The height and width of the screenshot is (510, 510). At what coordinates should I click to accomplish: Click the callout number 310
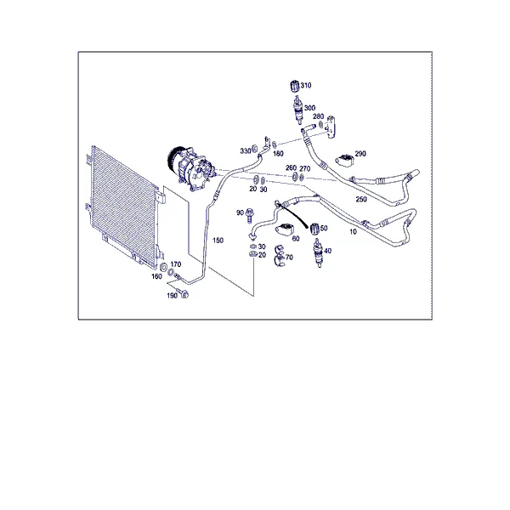coord(306,85)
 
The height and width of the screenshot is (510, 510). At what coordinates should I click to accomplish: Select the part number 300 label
coord(309,108)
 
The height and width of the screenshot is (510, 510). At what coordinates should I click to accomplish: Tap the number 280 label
coord(319,116)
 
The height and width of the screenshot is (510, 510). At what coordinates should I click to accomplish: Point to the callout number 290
coord(360,153)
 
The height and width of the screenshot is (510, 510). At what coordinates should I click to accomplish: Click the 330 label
coord(246,151)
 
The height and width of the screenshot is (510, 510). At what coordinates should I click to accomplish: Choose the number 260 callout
coord(291,167)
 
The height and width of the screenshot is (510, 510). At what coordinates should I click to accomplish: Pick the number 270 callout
coord(305,168)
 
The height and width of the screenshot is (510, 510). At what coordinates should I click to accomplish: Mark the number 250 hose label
coord(361,199)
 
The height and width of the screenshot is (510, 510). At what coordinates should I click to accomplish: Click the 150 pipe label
coord(218,240)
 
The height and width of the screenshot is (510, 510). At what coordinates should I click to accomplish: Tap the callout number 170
coord(176,264)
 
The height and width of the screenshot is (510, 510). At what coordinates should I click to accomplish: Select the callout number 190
coord(172,295)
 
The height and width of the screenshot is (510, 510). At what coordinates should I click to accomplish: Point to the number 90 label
coord(240,212)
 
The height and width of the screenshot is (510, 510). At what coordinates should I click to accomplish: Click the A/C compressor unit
coord(191,168)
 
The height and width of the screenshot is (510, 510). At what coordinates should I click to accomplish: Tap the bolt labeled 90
coord(250,215)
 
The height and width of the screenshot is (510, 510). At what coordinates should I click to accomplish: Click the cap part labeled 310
coord(294,86)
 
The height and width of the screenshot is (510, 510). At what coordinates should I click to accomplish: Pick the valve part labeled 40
coord(319,252)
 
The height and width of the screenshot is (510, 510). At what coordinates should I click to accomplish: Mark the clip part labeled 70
coord(280,257)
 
